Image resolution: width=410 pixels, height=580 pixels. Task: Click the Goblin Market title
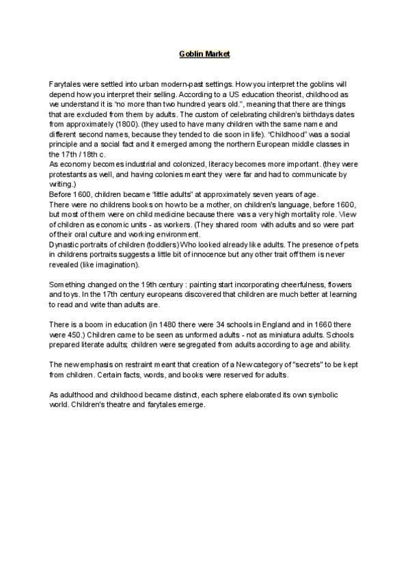pyautogui.click(x=204, y=53)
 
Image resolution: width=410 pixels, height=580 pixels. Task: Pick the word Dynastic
pyautogui.click(x=66, y=243)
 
